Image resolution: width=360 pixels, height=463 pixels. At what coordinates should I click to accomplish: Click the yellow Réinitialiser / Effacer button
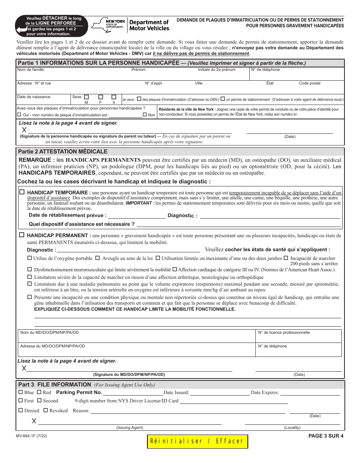(x=197, y=441)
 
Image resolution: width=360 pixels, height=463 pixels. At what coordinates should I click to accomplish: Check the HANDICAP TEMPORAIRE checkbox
(x=22, y=192)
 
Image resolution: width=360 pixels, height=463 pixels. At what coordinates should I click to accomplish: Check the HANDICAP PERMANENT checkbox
(x=22, y=235)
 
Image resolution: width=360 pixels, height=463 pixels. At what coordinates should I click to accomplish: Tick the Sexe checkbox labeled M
(x=86, y=97)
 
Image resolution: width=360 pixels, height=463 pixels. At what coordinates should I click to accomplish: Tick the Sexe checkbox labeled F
(x=100, y=97)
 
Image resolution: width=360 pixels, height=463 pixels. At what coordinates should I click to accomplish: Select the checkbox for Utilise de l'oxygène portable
(x=30, y=258)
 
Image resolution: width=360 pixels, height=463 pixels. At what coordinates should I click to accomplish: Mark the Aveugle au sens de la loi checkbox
(x=97, y=258)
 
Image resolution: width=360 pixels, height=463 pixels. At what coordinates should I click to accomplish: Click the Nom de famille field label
(x=30, y=70)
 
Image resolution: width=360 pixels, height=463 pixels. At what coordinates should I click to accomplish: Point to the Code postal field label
(x=310, y=83)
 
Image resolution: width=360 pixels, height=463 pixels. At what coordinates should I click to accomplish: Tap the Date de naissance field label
(x=34, y=97)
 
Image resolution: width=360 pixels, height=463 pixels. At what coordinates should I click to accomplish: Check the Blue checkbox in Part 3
(x=20, y=392)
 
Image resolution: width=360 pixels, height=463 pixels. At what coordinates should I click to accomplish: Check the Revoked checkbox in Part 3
(x=45, y=410)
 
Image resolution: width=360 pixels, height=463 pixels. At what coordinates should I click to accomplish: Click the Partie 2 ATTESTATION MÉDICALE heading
(x=63, y=152)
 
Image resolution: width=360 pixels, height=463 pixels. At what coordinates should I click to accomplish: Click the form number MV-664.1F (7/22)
(x=31, y=436)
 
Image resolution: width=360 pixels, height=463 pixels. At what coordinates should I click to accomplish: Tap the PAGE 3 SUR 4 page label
(x=326, y=436)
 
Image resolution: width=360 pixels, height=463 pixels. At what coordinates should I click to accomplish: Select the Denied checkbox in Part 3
(x=20, y=410)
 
